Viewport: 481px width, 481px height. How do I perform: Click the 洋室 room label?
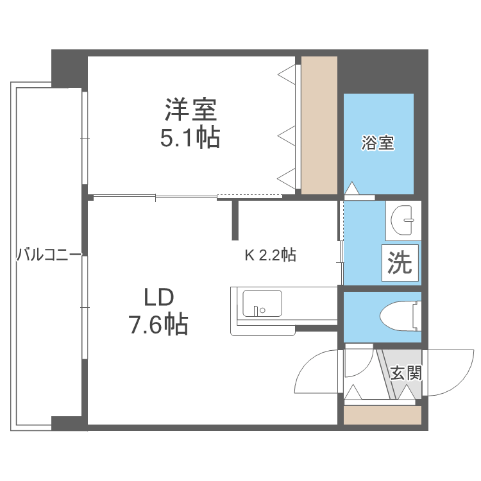[x=190, y=110]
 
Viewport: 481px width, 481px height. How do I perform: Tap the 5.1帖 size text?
[x=190, y=138]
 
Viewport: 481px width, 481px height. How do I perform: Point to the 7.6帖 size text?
[x=158, y=325]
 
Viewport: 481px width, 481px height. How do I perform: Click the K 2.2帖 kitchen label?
[x=270, y=255]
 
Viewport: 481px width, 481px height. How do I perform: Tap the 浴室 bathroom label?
[x=377, y=143]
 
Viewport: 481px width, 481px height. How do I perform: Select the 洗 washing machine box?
[x=401, y=263]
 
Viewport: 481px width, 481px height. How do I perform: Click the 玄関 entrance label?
[x=405, y=373]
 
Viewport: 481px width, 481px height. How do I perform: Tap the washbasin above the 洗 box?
[x=404, y=221]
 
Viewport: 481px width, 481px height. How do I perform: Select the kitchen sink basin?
[x=261, y=303]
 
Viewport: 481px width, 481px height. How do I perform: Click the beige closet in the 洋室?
[x=319, y=125]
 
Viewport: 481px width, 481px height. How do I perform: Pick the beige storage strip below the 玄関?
[x=382, y=415]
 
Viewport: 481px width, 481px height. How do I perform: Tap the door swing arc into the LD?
[x=314, y=372]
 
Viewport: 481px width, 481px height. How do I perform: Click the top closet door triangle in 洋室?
[x=287, y=73]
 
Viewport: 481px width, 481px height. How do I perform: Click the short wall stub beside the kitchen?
[x=235, y=219]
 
